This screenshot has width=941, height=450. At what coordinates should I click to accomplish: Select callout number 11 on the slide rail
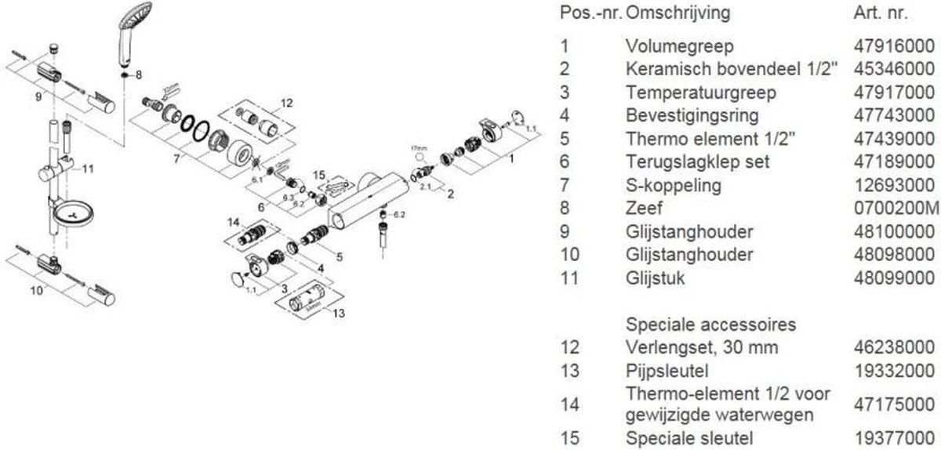pos(88,169)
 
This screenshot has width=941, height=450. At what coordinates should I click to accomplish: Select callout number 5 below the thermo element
pos(340,255)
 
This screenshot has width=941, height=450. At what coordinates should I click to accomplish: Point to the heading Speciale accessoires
pos(711,325)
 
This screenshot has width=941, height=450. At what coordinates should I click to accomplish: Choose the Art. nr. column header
pos(881,13)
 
